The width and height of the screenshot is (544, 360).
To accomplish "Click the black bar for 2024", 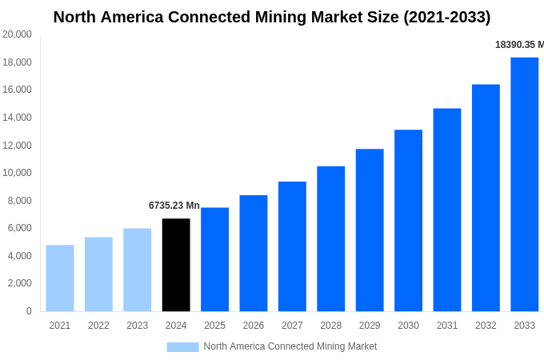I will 176,265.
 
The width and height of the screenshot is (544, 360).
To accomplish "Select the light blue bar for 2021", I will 60,278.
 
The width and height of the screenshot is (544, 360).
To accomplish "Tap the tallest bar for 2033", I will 524,184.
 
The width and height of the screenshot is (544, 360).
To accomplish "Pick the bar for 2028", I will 330,238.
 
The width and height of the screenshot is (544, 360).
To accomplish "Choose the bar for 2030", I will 408,220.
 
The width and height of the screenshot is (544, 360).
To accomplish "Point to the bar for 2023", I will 137,270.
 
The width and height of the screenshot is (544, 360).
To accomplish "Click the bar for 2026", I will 254,253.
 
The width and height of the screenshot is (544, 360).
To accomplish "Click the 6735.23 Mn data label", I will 174,206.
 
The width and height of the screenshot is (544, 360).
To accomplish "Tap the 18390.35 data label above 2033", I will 518,45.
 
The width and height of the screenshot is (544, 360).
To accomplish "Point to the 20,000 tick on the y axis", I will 18,34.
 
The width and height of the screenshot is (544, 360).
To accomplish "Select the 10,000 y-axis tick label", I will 18,173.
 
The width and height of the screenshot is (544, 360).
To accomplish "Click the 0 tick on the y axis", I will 29,311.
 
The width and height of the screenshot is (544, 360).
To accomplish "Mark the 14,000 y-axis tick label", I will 18,118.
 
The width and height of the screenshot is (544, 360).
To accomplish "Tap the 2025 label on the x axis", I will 214,326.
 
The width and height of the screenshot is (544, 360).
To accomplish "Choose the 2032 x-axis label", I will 486,326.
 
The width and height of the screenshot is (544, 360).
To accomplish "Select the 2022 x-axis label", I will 98,326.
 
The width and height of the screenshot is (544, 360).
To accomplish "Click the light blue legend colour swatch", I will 182,346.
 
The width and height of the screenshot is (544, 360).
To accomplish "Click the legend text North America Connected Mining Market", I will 290,346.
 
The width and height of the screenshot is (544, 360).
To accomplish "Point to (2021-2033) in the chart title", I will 443,17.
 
